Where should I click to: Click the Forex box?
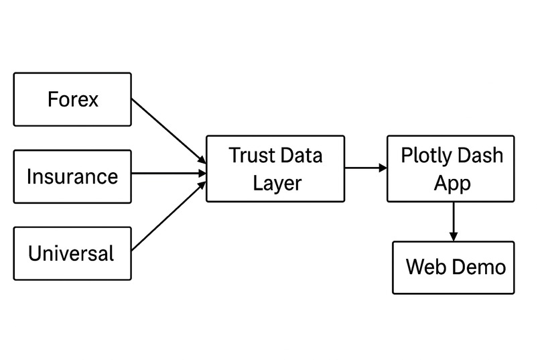click(x=72, y=99)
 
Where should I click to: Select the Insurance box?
click(x=72, y=176)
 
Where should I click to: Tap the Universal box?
click(x=72, y=253)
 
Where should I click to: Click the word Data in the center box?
click(x=301, y=156)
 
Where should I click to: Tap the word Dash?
click(x=480, y=156)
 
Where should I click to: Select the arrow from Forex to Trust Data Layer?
click(x=167, y=131)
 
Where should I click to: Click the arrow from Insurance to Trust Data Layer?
click(x=167, y=174)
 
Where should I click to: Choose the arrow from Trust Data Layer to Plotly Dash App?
click(x=365, y=168)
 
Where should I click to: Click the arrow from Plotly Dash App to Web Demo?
click(x=454, y=220)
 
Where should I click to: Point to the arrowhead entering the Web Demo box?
click(x=454, y=237)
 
